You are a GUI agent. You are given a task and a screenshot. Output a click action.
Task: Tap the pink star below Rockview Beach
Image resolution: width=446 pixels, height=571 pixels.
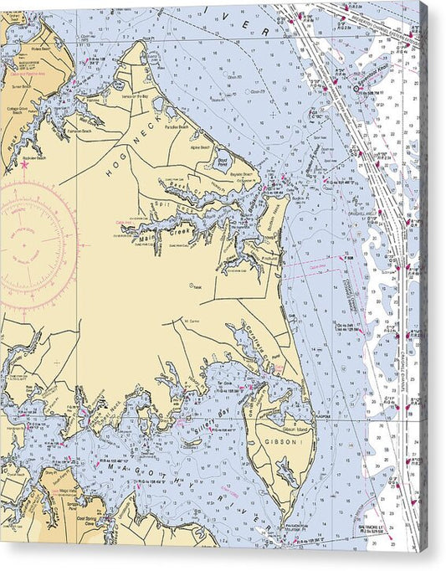tap(24, 165)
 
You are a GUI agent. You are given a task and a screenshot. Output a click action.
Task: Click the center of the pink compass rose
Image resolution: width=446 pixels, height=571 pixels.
tap(24, 242)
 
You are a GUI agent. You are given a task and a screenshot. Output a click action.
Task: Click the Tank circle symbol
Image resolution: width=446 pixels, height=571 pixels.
tap(192, 284)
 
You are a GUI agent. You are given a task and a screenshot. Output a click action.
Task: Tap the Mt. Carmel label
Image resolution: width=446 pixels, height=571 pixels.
tap(191, 320)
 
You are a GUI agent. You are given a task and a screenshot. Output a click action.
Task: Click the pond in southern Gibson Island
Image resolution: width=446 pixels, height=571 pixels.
tap(288, 473)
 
